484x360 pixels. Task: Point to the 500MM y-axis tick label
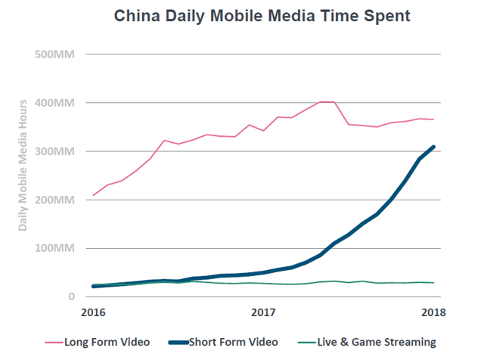(53, 54)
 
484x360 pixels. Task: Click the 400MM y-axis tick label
(53, 103)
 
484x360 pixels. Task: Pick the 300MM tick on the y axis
(53, 151)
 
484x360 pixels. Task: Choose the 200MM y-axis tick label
(53, 200)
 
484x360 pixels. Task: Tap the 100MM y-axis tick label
(53, 248)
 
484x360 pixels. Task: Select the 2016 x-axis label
(94, 312)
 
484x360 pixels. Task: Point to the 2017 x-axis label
(262, 312)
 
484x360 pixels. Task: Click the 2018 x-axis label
(431, 312)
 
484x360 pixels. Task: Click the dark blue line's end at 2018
(433, 147)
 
